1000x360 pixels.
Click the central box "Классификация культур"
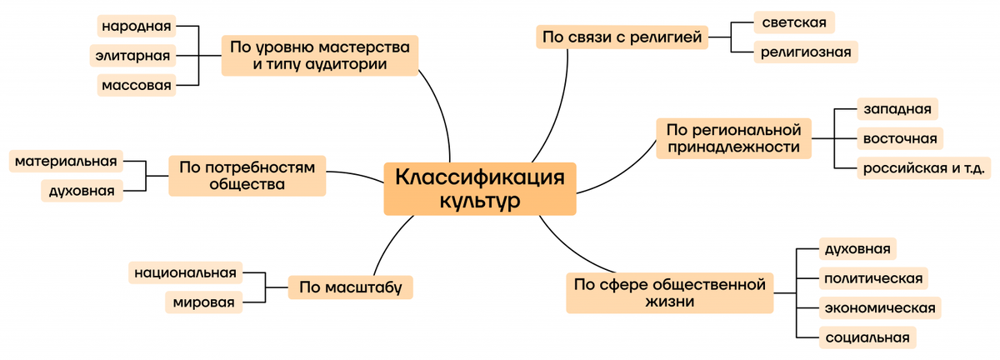click(479, 189)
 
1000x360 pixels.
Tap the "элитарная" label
click(133, 56)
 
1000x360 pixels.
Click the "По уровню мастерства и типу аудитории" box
click(319, 55)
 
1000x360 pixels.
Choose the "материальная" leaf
click(67, 160)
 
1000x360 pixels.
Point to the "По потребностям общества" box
click(247, 176)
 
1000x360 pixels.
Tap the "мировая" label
click(204, 301)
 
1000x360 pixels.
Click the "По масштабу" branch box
click(351, 288)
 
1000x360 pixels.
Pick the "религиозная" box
click(805, 52)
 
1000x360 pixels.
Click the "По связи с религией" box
click(621, 37)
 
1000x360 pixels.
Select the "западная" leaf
click(897, 109)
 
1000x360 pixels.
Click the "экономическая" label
click(879, 307)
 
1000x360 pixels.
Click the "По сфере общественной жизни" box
click(670, 292)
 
